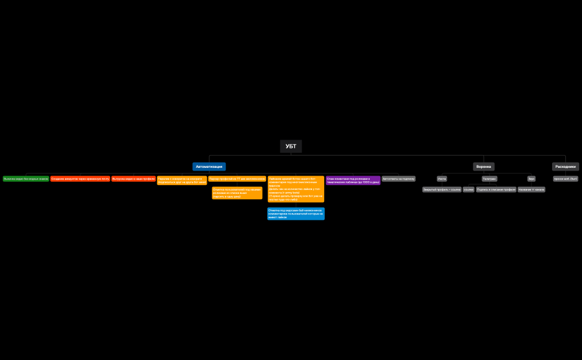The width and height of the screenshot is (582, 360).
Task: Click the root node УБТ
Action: coord(291,146)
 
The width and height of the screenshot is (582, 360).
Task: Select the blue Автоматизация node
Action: coord(209,166)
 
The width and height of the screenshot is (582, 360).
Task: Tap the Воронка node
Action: coord(483,166)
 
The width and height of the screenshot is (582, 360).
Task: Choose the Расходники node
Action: coord(565,166)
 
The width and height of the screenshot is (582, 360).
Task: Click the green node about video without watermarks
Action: coord(25,179)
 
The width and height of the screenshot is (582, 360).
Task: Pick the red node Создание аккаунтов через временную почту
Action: coord(80,179)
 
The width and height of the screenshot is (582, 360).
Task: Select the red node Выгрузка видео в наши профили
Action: coord(133,179)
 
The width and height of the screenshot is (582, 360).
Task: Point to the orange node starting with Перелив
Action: coord(182,181)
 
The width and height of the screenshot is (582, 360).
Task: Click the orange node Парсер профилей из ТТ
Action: coord(237,179)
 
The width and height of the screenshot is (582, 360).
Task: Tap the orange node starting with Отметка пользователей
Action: coord(237,193)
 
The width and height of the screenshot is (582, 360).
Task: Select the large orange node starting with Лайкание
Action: coord(295,189)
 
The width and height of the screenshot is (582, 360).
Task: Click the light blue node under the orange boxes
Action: coord(295,214)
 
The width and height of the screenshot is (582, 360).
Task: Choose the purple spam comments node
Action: coord(353,180)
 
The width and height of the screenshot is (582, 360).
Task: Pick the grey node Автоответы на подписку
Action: coord(399,179)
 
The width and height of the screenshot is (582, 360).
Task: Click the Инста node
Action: coord(442,179)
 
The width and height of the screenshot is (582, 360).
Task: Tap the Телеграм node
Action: coord(489,179)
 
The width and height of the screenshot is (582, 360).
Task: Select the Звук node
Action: coord(531,179)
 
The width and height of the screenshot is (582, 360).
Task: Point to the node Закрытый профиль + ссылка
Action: coord(442,189)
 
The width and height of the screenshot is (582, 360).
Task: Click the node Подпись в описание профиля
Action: coord(496,189)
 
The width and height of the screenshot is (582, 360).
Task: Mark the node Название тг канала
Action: coord(532,189)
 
